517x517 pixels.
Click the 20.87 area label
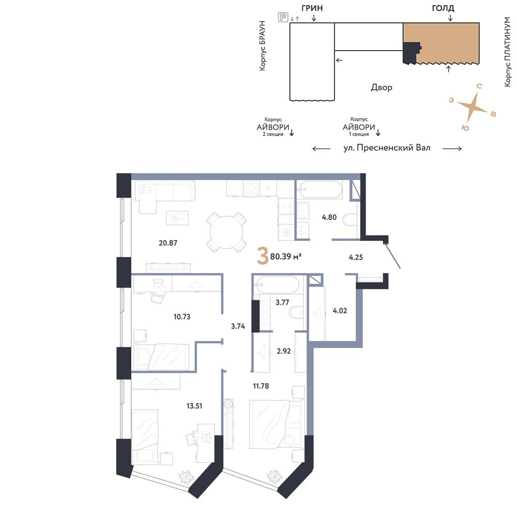coord(168,243)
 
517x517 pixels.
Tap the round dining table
coord(226,232)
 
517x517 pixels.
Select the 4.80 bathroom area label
coord(329,217)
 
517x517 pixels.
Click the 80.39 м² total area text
coord(286,256)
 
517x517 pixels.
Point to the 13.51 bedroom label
coord(194,406)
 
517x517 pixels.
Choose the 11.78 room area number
coord(261,386)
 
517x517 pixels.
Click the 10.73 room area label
coord(182,317)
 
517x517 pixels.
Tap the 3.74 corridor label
coord(238,326)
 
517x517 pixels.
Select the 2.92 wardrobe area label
coord(283,351)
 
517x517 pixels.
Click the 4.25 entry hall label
coord(356,257)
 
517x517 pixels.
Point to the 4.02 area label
coord(340,311)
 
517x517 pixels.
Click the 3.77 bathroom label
coord(282,302)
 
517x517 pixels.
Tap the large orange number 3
coord(263,257)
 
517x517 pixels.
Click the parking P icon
coord(283,17)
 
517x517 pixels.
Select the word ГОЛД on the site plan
coord(443,8)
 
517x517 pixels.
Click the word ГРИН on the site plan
coord(312,8)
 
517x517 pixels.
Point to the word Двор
coord(382,87)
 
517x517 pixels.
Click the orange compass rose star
coord(472,106)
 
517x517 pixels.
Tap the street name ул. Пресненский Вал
coord(387,148)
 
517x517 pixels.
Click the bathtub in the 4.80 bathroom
coord(320,190)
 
